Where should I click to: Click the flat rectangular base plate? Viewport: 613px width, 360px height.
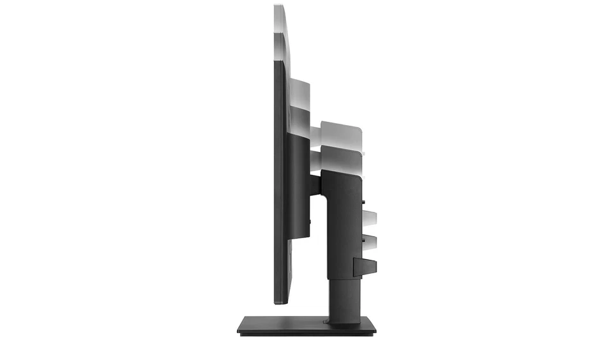(306, 326)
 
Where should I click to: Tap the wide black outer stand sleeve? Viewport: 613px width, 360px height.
(345, 223)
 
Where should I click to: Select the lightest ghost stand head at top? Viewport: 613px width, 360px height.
(342, 130)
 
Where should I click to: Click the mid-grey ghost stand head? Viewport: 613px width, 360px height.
(342, 156)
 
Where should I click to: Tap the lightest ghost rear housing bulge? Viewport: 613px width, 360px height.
(299, 93)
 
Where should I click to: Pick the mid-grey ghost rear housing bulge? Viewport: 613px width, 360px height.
(299, 118)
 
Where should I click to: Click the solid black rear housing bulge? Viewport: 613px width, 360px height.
(299, 185)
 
